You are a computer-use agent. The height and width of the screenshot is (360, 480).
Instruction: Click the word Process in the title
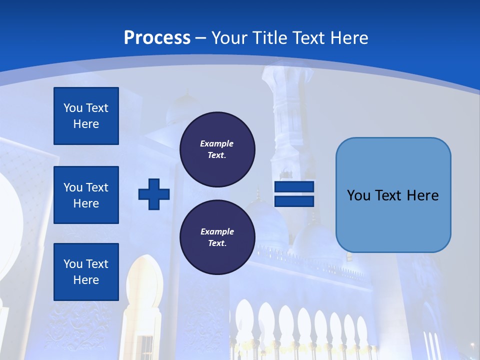point(157,38)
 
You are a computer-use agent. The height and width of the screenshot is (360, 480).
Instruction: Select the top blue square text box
point(86,116)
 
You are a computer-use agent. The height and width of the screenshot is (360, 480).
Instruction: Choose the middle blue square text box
point(86,195)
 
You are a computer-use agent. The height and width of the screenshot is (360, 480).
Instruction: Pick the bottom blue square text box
point(86,272)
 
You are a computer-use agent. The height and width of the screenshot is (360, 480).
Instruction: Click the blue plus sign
point(154,194)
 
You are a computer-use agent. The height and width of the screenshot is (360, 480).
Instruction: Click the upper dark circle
point(217,149)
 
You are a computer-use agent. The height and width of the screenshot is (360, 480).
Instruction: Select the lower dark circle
point(217,237)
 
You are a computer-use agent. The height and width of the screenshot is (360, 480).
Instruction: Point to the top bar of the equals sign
point(294,187)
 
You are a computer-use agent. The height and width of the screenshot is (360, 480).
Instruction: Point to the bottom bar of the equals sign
point(294,201)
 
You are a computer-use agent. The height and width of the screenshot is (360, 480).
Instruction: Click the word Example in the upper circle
point(216,143)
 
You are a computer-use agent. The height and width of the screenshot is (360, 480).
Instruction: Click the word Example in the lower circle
point(217,231)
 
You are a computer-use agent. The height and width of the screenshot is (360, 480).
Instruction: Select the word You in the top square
point(72,108)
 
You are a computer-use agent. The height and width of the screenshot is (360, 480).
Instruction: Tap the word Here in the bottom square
point(86,280)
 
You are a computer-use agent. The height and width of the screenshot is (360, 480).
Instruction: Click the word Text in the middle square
point(97,187)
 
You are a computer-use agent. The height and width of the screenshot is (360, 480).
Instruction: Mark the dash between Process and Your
point(200,38)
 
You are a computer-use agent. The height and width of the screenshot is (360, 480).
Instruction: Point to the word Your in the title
point(230,38)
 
